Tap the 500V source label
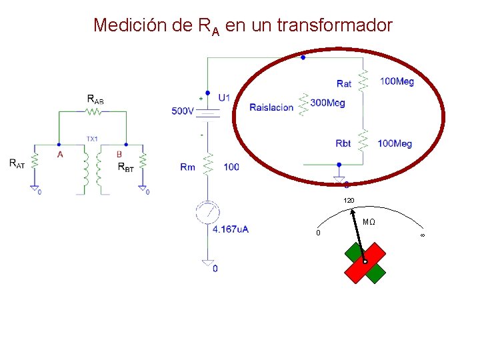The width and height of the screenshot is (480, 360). pyautogui.click(x=183, y=111)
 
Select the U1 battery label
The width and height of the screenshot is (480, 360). pyautogui.click(x=224, y=97)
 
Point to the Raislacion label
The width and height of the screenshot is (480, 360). pyautogui.click(x=271, y=107)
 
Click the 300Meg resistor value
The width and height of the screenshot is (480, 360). pyautogui.click(x=328, y=103)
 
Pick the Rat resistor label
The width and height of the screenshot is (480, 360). pyautogui.click(x=344, y=83)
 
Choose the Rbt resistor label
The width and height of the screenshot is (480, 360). pyautogui.click(x=343, y=143)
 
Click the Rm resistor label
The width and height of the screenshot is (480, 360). pyautogui.click(x=187, y=167)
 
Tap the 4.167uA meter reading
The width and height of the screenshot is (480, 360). pyautogui.click(x=231, y=229)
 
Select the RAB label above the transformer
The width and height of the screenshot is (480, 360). pyautogui.click(x=95, y=99)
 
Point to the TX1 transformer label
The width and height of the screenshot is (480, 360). pyautogui.click(x=92, y=139)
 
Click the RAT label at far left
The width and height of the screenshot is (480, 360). pyautogui.click(x=17, y=163)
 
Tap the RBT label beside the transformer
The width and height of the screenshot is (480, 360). pyautogui.click(x=126, y=167)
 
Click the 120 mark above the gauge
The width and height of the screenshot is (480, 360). pyautogui.click(x=349, y=201)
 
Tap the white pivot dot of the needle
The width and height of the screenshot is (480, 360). pyautogui.click(x=365, y=262)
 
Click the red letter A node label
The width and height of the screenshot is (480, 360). pyautogui.click(x=60, y=154)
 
